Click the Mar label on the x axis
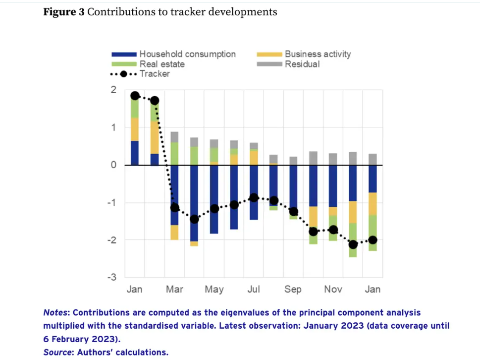[174, 289]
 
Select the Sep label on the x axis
[293, 289]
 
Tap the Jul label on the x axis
[254, 289]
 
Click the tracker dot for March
[174, 208]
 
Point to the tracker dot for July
[254, 197]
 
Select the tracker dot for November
[333, 230]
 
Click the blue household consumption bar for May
[214, 198]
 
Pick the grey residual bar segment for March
[174, 137]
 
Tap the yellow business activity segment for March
[174, 232]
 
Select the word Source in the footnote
[55, 352]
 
